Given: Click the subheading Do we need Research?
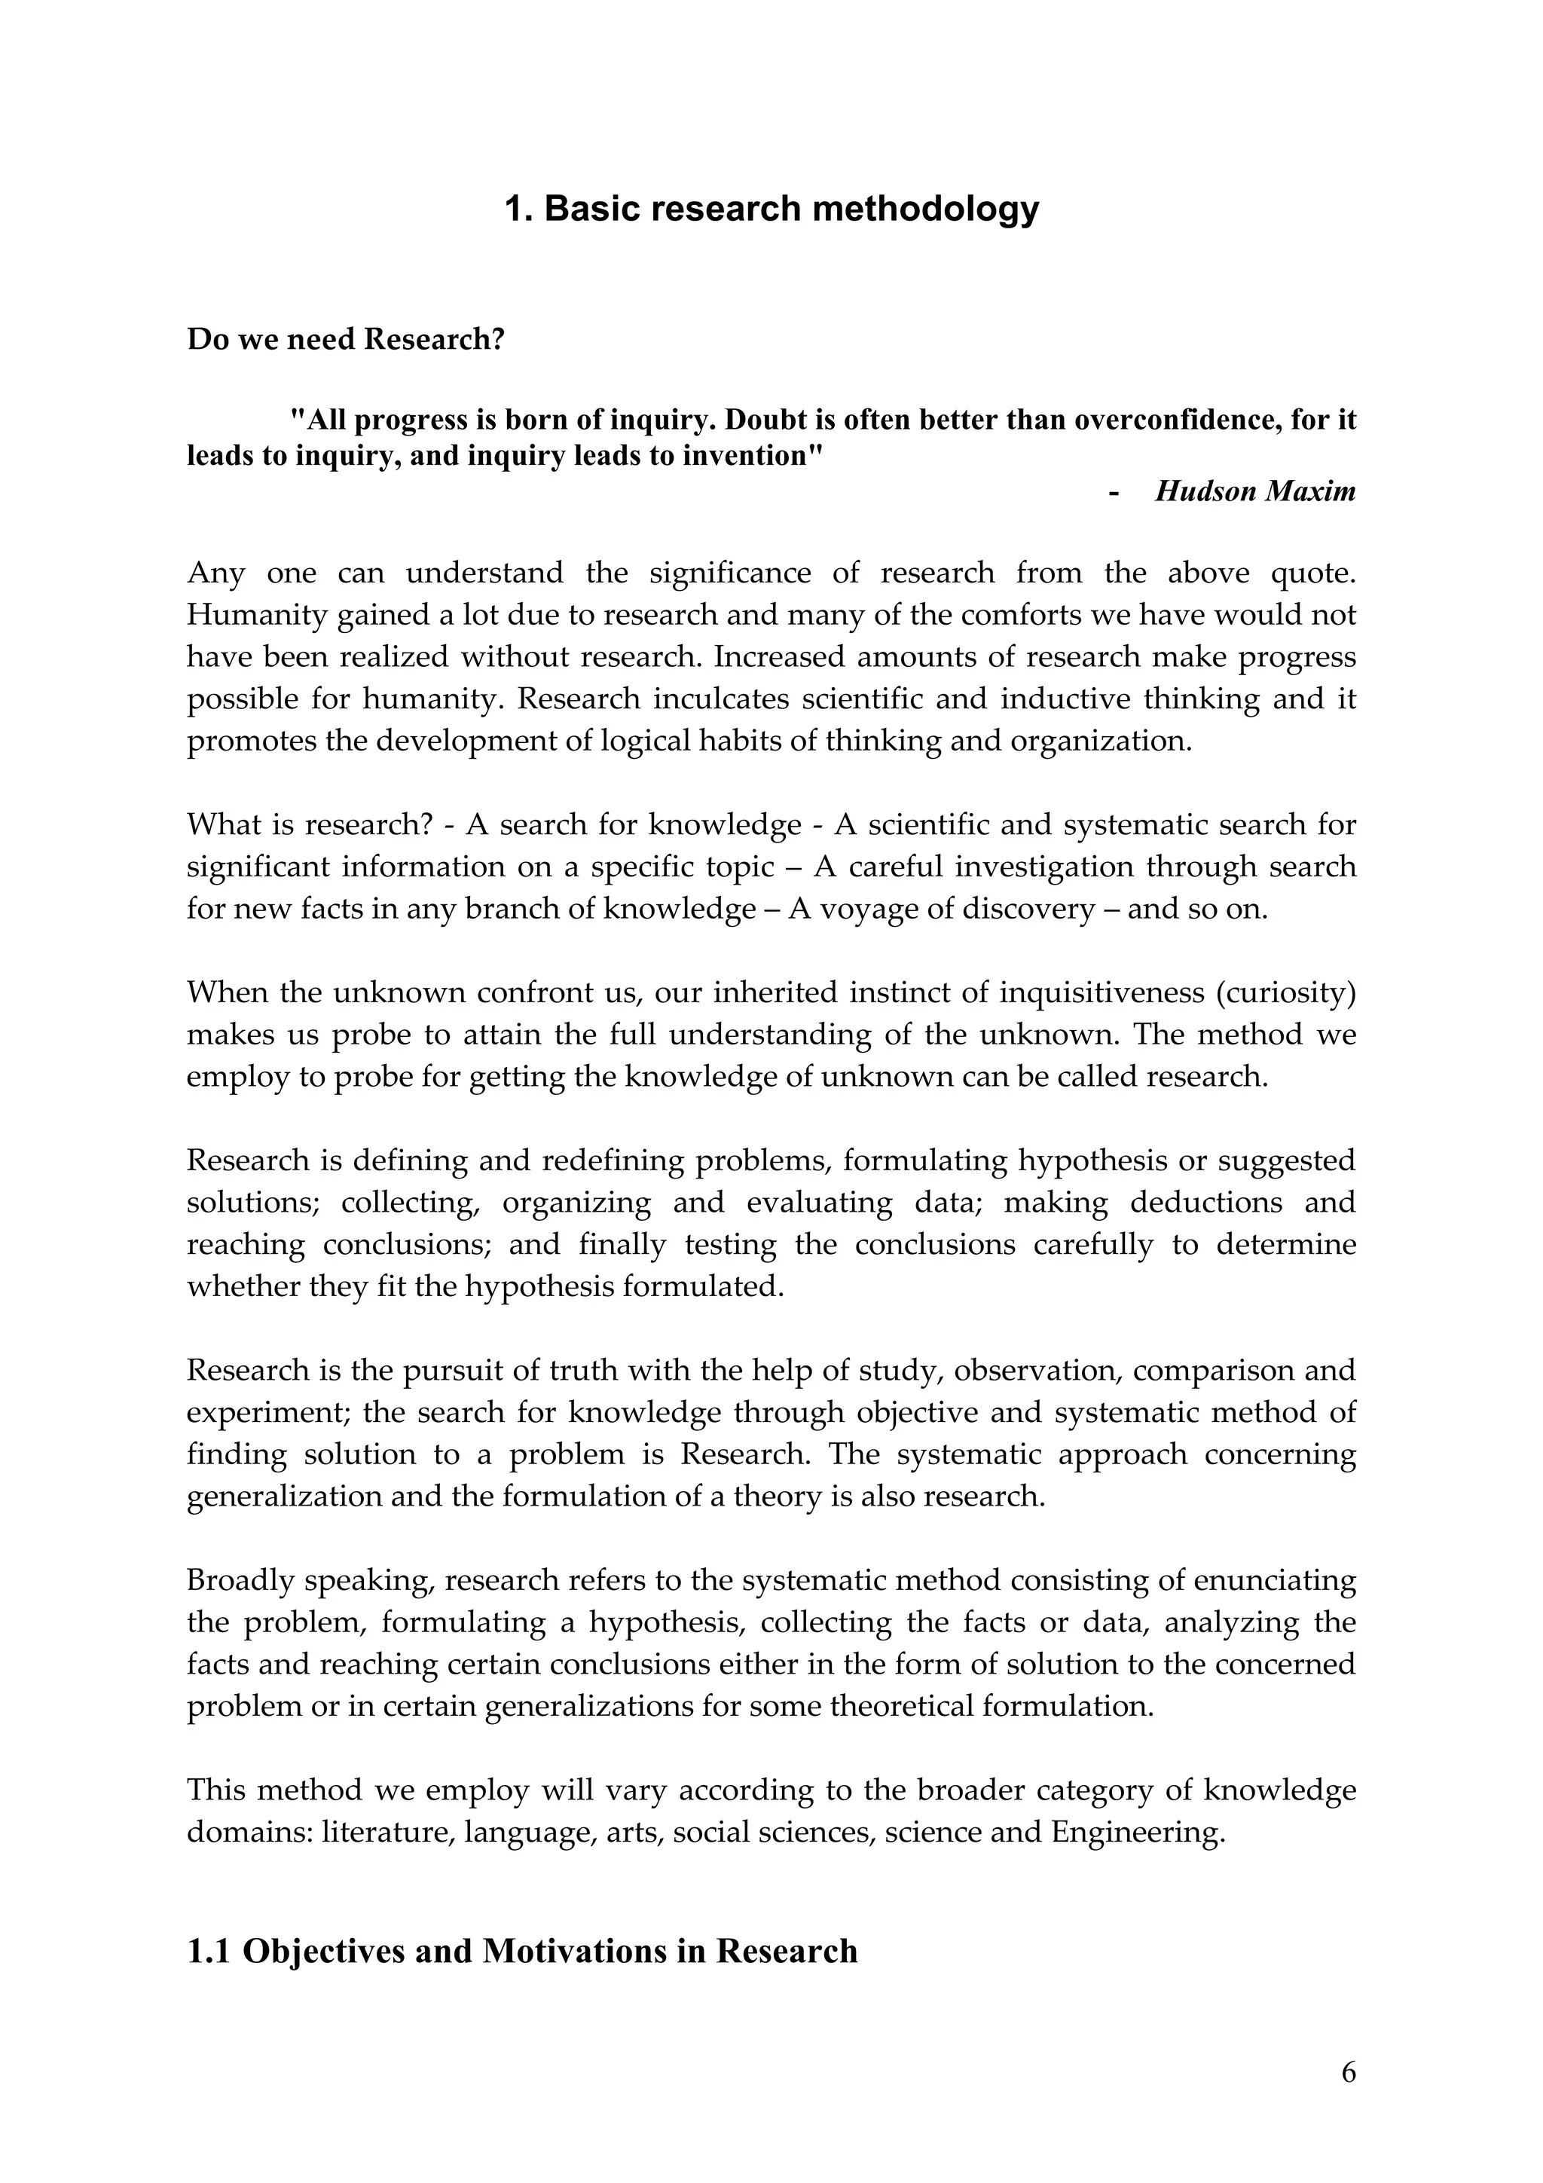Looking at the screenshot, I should click(345, 339).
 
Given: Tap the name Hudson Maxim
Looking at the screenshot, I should click(1255, 491).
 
